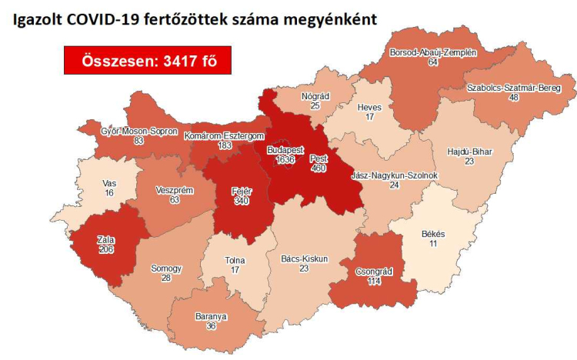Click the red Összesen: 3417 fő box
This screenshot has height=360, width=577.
148,60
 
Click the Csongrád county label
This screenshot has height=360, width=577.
376,271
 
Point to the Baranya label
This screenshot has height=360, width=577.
211,315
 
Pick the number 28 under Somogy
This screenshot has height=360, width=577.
166,278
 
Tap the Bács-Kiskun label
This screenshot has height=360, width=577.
304,260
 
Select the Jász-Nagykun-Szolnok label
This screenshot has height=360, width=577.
394,175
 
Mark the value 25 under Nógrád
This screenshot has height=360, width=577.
315,105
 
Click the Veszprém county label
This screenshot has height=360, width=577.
174,189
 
